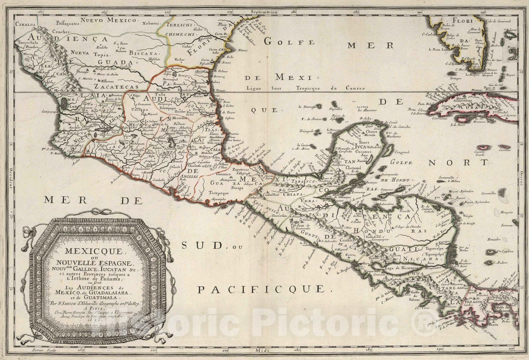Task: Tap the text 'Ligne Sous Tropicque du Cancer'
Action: point(306,88)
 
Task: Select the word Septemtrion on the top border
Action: point(263,3)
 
